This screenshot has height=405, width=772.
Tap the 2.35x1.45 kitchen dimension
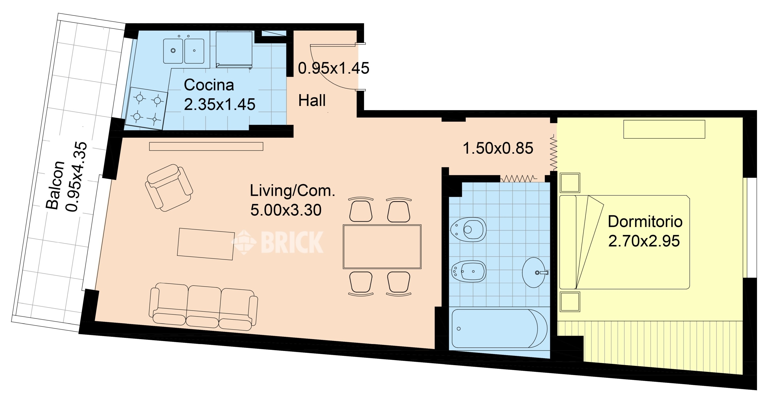coord(220,104)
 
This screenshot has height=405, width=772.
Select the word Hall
coord(312,100)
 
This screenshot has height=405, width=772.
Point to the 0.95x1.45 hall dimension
coord(334,68)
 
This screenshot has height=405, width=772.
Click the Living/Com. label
coord(293,190)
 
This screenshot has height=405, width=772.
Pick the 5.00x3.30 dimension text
coord(286,210)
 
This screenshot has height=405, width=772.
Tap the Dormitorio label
coord(645,222)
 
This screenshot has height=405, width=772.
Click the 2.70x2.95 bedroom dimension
coord(644,241)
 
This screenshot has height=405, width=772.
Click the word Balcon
coord(55,184)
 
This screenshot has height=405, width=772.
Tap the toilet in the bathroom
coord(468,230)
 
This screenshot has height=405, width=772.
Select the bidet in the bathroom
coord(469,271)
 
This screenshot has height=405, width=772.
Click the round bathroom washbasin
coord(534,272)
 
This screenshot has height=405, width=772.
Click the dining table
coord(382,247)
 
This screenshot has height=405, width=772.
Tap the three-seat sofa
coord(204,307)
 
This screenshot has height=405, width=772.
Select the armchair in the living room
coord(169,188)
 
